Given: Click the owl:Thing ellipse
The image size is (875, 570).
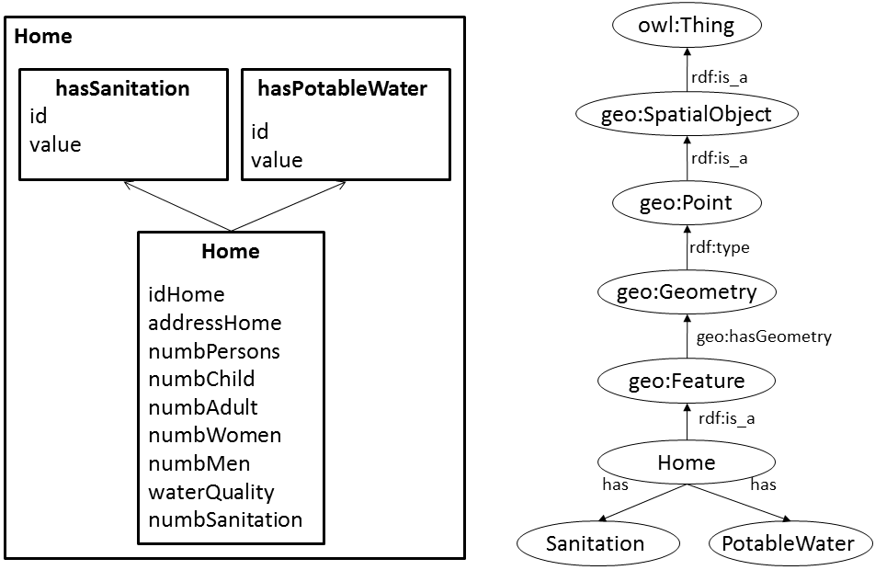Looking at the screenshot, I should tap(687, 26).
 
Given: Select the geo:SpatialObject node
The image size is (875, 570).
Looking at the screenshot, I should tap(687, 115).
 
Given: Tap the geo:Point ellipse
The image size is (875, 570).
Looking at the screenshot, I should tap(687, 202).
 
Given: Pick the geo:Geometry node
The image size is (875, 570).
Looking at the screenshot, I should tap(687, 292).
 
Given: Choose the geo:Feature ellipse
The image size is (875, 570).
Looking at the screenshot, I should tap(687, 381).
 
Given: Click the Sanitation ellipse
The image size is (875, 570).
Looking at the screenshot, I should tap(595, 543).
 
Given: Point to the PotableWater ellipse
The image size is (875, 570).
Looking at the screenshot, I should tap(789, 543).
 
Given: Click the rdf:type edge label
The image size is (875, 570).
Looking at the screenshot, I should tap(720, 247).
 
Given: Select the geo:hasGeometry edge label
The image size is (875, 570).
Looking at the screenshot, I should tap(763, 337).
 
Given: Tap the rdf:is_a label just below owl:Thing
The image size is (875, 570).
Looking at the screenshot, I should tap(720, 77).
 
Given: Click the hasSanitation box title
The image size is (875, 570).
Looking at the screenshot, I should tap(122, 89).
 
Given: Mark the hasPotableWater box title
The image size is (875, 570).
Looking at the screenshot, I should tap(342, 89).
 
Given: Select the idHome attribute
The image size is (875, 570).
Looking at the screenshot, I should tap(186, 294).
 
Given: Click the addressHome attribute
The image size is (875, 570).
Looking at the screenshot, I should tap(214, 323).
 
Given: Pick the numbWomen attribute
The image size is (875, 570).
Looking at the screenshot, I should tap(214, 435).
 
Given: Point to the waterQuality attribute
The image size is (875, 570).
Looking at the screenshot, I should tap(211, 492).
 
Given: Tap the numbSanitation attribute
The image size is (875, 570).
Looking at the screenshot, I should tap(225, 519).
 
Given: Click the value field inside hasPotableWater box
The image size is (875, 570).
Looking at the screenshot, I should tap(277, 160).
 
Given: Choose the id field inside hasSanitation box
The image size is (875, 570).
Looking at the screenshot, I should tap(38, 117).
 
